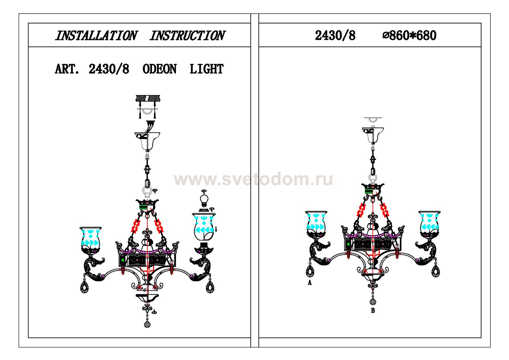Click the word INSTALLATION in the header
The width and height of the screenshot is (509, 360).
coord(96,36)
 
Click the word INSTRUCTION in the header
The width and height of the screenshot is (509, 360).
coord(187,36)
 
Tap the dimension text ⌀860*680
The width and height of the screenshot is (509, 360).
coord(409,36)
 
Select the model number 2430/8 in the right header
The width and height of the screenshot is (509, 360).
coord(335,36)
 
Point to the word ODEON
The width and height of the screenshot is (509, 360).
coord(159,69)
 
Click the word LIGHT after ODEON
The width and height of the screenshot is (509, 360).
coord(207,69)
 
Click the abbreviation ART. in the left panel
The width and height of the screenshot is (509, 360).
coord(67,69)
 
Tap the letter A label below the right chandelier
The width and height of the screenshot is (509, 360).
coord(309,283)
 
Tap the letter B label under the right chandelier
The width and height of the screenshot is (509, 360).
coord(373,310)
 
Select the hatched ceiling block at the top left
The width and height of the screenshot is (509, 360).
coord(148,98)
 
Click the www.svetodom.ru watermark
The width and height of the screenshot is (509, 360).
coord(253,179)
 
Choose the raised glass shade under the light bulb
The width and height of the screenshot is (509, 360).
coord(204,227)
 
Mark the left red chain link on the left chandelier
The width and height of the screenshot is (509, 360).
coord(135,226)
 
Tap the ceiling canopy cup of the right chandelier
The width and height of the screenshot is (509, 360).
coord(373,135)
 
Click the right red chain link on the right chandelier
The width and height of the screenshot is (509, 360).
coord(384,210)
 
